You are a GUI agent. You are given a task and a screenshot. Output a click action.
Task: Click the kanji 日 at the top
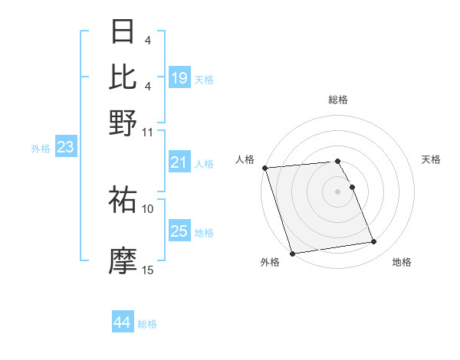tap(123, 32)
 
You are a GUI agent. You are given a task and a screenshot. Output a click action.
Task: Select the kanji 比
tap(123, 77)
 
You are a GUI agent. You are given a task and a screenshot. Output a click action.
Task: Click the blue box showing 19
tap(179, 77)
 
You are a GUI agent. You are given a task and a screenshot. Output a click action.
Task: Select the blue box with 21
tap(179, 162)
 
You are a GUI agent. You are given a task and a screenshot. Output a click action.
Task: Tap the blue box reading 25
tap(179, 231)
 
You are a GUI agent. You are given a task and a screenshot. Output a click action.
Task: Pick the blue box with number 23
tap(65, 147)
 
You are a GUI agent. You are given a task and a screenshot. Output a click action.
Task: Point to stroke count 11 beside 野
tap(148, 132)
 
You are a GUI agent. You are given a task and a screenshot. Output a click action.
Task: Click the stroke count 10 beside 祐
tap(148, 208)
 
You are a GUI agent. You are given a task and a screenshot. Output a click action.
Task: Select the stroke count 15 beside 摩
tap(148, 270)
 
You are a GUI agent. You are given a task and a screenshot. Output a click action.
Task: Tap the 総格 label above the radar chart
tap(338, 100)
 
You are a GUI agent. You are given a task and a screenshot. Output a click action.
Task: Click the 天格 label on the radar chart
tap(432, 159)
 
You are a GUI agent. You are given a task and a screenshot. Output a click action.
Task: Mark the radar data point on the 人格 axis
tap(265, 168)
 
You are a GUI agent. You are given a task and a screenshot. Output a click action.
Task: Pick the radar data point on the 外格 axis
tap(293, 254)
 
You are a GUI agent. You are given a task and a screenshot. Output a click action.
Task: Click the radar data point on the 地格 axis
tap(374, 242)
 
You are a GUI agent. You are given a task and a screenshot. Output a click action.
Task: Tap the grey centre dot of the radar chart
tap(338, 191)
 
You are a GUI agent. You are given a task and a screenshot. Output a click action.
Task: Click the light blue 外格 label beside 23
tap(40, 149)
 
